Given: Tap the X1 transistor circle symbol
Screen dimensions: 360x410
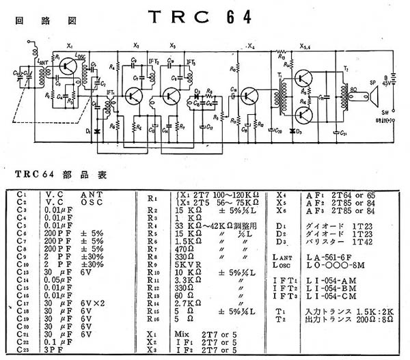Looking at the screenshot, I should point(67,67).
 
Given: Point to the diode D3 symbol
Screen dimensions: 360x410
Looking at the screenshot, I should point(293,129).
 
